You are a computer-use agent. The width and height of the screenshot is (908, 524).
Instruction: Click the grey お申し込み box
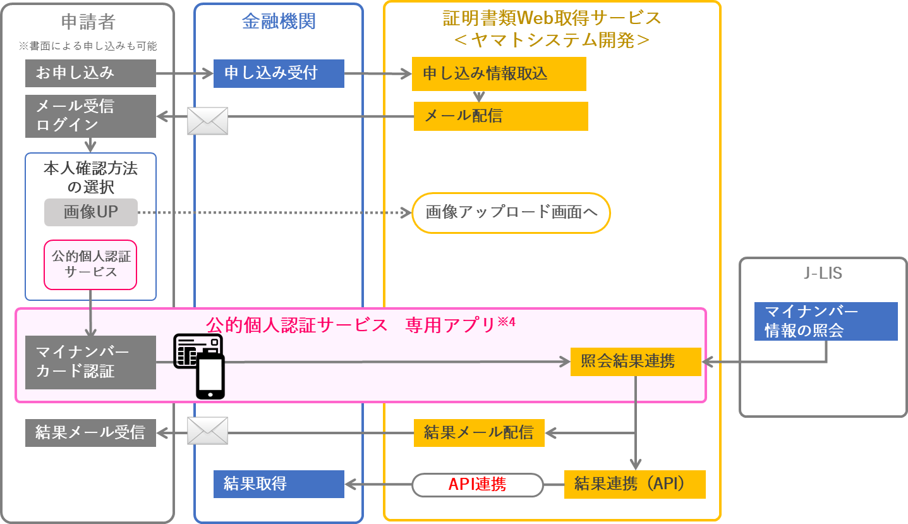click(90, 73)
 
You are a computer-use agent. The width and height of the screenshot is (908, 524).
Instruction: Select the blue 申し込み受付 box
click(279, 73)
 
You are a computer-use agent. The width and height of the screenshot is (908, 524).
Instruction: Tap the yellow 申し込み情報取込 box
click(499, 74)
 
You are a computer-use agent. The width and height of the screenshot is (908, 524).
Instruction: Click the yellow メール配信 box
click(500, 116)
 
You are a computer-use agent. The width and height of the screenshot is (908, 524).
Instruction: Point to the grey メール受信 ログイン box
click(90, 116)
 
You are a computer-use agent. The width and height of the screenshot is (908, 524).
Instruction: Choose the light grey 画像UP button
click(91, 212)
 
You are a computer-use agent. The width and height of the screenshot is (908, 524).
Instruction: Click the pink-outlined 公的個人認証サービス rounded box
click(90, 265)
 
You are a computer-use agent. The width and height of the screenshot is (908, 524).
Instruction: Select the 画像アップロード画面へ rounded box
click(511, 213)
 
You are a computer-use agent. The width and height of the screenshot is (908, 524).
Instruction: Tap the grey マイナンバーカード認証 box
click(90, 362)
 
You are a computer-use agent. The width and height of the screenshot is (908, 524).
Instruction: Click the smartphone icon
click(210, 377)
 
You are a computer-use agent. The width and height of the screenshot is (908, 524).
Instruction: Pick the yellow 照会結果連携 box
click(636, 362)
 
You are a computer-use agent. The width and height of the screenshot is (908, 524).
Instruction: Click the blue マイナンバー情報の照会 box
click(826, 322)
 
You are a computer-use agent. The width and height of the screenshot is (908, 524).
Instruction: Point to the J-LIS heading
click(823, 274)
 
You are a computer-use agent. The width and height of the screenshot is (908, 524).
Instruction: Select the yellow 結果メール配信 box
click(479, 432)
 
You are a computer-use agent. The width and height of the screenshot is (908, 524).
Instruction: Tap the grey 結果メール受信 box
click(90, 432)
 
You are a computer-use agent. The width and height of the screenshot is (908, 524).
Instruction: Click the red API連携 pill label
click(478, 485)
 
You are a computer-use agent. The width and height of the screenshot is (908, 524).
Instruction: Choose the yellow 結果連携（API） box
click(634, 484)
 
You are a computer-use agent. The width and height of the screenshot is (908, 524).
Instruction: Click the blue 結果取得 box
click(279, 484)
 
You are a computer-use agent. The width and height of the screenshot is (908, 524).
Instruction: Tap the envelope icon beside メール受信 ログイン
click(207, 121)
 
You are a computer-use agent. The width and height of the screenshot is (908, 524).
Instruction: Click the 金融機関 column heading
click(279, 21)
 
